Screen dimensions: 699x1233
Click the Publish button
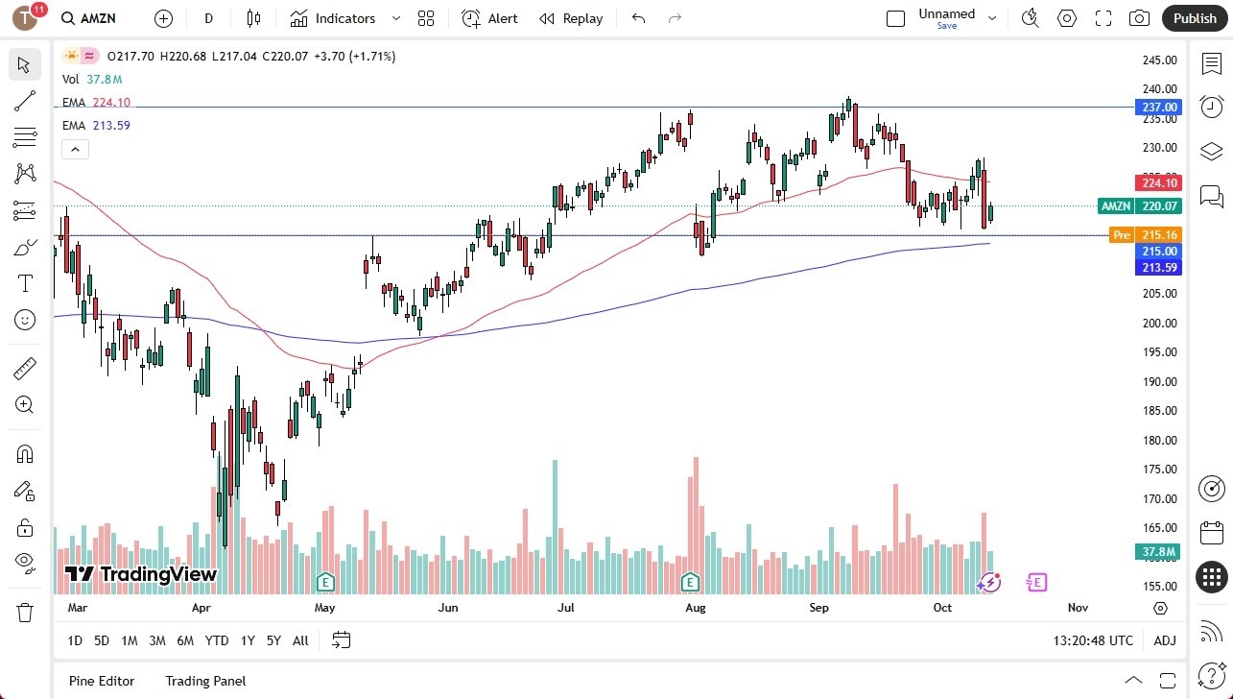[x=1194, y=18]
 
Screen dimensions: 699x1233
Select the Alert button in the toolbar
[x=489, y=18]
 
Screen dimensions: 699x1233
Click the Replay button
[x=571, y=18]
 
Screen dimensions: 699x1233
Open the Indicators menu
[x=334, y=18]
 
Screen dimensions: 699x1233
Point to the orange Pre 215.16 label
[x=1144, y=234]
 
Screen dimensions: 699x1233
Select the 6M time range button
[x=185, y=640]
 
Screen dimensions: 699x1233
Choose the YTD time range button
[x=217, y=640]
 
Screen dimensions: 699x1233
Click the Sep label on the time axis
[x=818, y=608]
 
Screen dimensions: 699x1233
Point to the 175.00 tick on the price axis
[x=1159, y=470]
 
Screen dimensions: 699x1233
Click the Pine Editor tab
[x=102, y=681]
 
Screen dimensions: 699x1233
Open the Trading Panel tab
[x=205, y=681]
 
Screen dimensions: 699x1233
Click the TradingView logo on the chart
[x=140, y=574]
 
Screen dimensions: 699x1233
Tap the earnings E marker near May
[x=325, y=582]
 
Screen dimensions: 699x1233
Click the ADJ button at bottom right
[x=1164, y=640]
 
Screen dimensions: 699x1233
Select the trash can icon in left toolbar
[x=25, y=612]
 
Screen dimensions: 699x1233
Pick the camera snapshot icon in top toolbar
[x=1139, y=18]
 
